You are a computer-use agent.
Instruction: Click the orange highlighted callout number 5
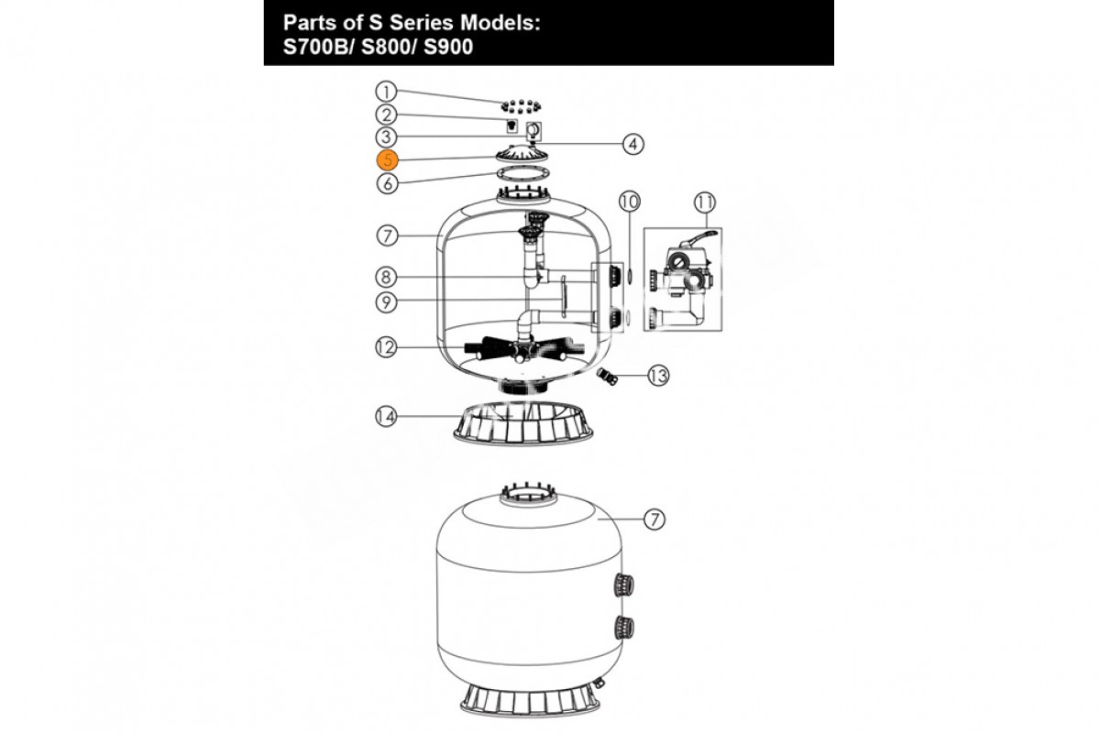tap(387, 160)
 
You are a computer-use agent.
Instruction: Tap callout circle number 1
tap(386, 92)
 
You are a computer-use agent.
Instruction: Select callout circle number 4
tap(633, 144)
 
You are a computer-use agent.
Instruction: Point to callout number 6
tap(388, 183)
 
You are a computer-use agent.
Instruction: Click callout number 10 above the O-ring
tap(630, 202)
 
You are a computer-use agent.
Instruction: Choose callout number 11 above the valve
tap(705, 202)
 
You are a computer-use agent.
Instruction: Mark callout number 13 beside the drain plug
tap(658, 376)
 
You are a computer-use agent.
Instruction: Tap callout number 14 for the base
tap(386, 417)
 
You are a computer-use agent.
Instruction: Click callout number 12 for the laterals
tap(386, 347)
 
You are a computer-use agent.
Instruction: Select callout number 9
tap(386, 302)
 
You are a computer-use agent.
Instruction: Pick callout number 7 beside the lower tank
tap(654, 519)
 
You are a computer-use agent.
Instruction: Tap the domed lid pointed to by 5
tap(522, 153)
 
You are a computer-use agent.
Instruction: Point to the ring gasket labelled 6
tap(522, 173)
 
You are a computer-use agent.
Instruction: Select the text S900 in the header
tap(448, 47)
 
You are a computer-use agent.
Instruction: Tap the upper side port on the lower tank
tap(623, 585)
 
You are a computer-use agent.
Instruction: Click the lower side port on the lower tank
tap(623, 627)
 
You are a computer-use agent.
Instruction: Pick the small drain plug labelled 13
tap(607, 376)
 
